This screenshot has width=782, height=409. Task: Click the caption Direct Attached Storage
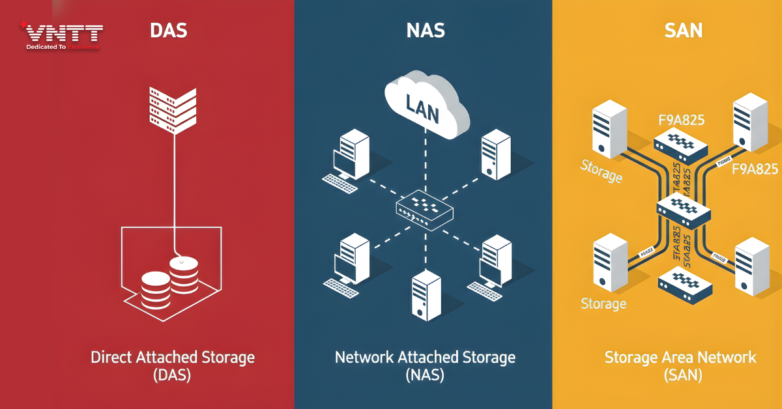173,357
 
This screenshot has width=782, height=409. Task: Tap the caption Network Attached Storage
425,357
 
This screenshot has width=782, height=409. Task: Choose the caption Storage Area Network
680,357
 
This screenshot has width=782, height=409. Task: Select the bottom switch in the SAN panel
684,285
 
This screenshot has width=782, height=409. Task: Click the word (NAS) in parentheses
424,376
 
